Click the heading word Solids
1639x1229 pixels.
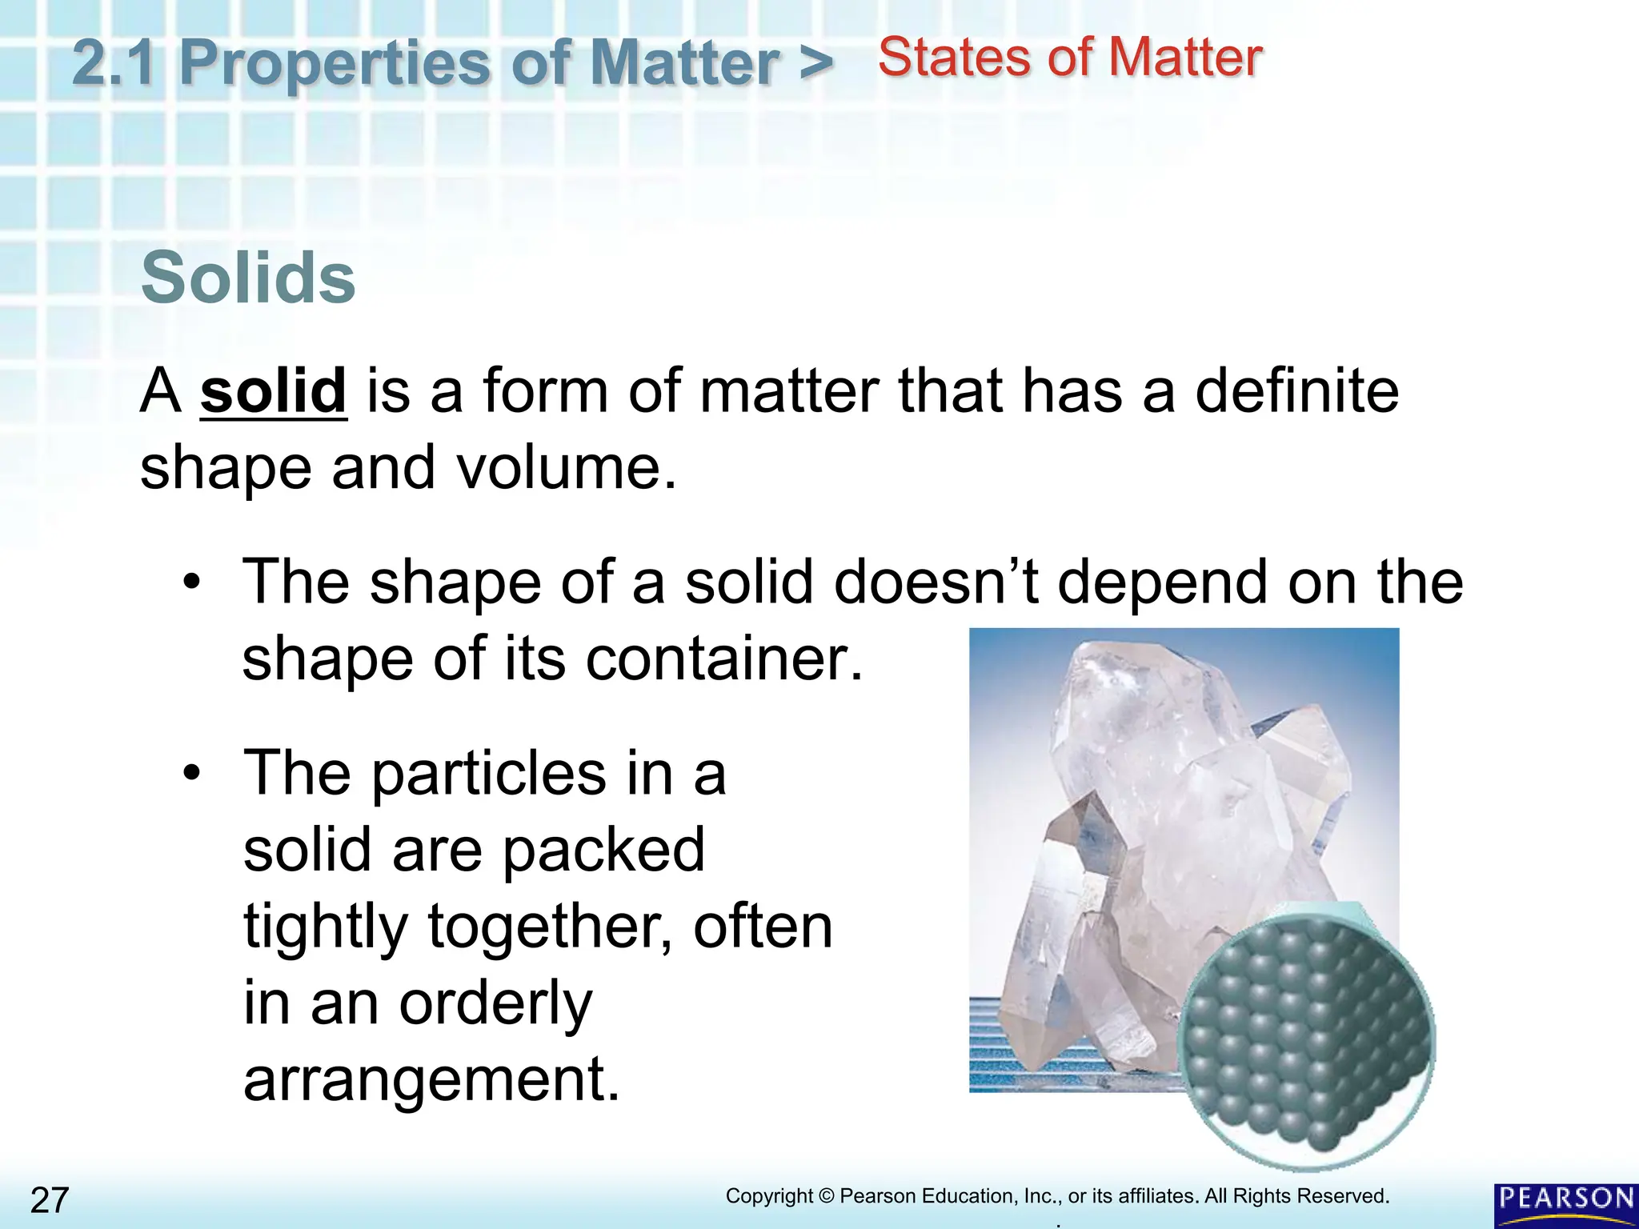click(x=248, y=278)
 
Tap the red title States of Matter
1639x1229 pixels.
click(x=1070, y=58)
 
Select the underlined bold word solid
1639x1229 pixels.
click(x=273, y=391)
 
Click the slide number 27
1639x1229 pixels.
click(x=50, y=1200)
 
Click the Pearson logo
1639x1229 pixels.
click(x=1565, y=1204)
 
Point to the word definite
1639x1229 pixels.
click(x=1296, y=391)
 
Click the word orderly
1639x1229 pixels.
click(x=495, y=1003)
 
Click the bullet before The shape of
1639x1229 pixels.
click(x=190, y=582)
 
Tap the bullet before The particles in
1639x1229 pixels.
click(x=190, y=773)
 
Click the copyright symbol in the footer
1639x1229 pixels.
click(x=827, y=1196)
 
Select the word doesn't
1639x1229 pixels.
click(x=936, y=582)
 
